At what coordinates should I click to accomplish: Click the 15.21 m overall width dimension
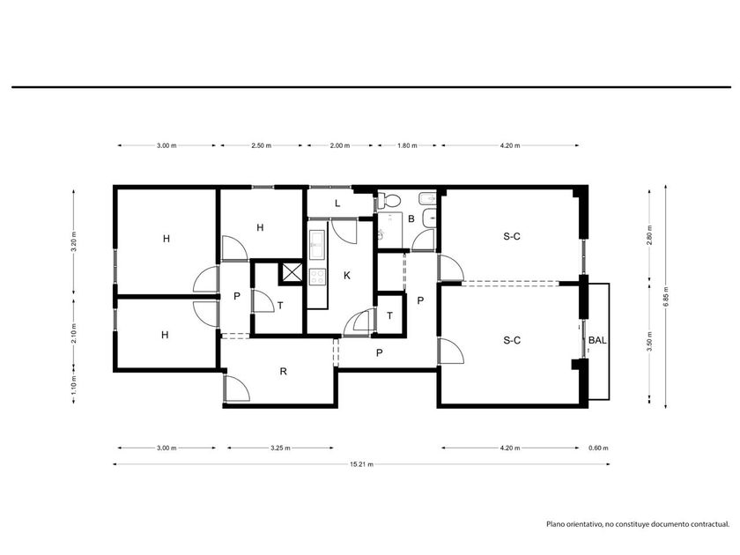361,464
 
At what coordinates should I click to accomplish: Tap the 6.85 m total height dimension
666,296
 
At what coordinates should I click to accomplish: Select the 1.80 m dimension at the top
407,145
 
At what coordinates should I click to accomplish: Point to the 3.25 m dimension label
280,448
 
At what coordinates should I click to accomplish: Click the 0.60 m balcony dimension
598,448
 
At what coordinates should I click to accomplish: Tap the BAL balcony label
597,340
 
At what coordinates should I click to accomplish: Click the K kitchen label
347,275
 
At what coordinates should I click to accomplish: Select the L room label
337,203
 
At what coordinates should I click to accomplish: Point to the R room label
283,372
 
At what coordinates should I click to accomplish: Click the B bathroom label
411,218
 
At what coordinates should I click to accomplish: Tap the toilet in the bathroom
389,201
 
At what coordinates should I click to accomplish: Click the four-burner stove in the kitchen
317,277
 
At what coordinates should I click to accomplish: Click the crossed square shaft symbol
292,273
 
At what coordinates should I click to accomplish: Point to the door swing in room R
238,388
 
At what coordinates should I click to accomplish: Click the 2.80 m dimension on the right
650,235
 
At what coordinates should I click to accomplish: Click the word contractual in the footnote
710,524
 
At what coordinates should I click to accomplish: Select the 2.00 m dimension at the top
340,145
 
